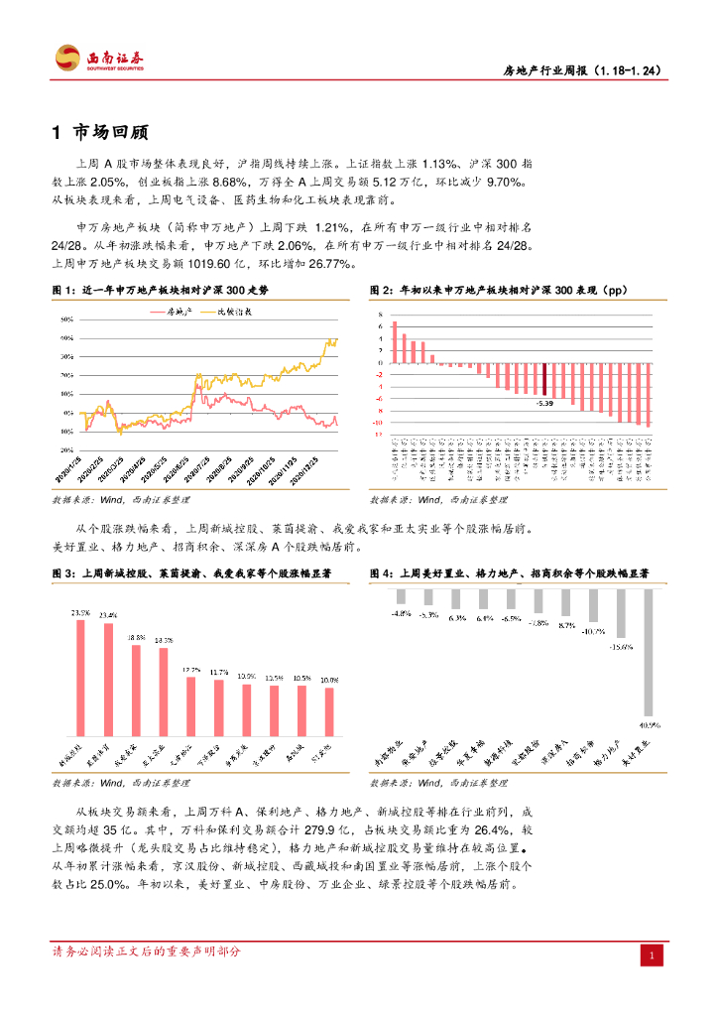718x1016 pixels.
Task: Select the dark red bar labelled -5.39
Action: [544, 378]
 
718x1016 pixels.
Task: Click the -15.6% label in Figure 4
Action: [621, 647]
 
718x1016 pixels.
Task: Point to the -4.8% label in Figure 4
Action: [401, 614]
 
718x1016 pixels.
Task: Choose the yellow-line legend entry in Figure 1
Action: [230, 311]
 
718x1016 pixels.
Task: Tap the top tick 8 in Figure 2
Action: [380, 315]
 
